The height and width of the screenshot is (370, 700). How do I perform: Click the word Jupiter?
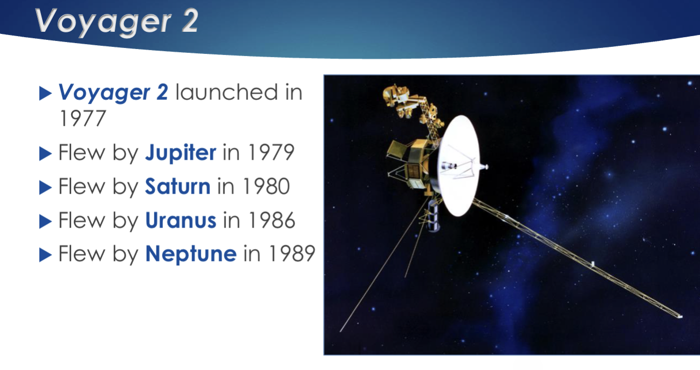tap(181, 153)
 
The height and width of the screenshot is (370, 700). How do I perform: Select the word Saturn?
tap(177, 187)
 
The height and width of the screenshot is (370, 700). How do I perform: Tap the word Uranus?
tap(181, 220)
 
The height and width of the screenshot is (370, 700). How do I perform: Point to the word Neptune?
tap(191, 254)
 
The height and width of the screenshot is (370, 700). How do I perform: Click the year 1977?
tap(83, 119)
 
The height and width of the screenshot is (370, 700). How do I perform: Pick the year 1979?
tap(271, 153)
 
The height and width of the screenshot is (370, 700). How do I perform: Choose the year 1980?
tap(266, 187)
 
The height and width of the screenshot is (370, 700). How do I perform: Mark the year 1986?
tap(271, 220)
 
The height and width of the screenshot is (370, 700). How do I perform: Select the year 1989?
tap(292, 253)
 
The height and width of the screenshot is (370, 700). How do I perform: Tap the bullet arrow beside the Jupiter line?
tap(45, 153)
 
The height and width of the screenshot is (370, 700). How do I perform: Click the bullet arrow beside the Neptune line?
tap(45, 255)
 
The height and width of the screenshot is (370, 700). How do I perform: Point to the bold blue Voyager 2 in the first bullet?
tap(113, 93)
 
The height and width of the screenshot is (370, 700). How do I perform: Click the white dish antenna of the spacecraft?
tap(458, 166)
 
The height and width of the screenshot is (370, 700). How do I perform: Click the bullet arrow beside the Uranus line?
tap(45, 222)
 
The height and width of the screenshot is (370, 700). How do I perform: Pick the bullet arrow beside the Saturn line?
tap(45, 188)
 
